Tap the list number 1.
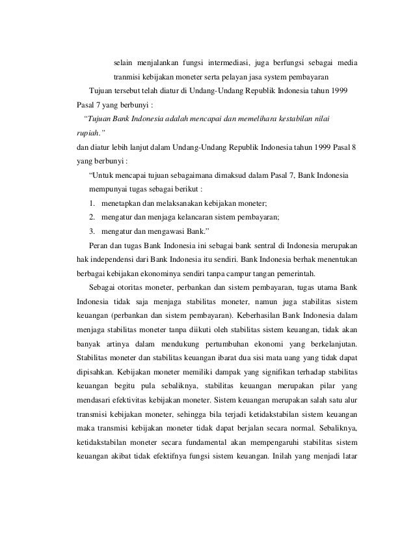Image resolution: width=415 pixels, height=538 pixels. tap(93, 203)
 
